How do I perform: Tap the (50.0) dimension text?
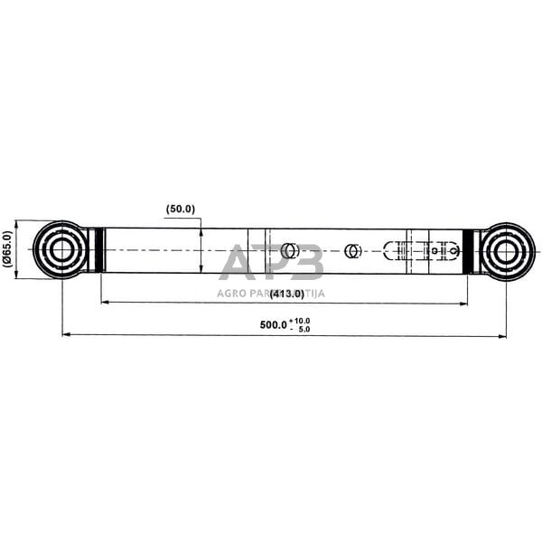[181, 210]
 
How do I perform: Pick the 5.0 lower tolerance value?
[302, 329]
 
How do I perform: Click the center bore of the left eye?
[61, 250]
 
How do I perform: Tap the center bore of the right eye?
[506, 250]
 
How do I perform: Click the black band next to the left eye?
[100, 250]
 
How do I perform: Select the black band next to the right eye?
[468, 250]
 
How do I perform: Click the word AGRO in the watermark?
[231, 293]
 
